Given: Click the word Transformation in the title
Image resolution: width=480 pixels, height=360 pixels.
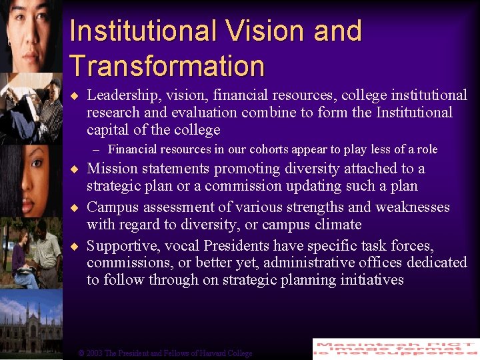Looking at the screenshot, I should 167,65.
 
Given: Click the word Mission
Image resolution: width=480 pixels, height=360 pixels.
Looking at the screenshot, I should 112,169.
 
